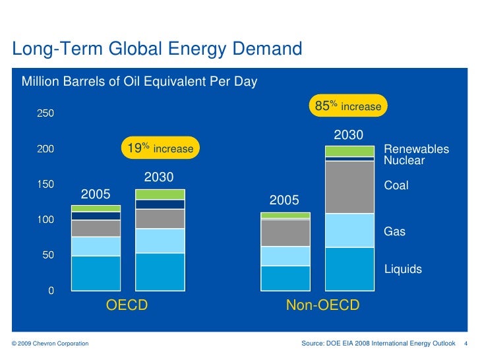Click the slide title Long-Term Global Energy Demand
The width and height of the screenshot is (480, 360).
pyautogui.click(x=157, y=49)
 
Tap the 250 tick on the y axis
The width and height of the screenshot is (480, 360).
pyautogui.click(x=45, y=113)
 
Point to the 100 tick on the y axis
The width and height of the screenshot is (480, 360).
pyautogui.click(x=45, y=220)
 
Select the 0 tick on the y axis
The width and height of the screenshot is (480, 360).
pyautogui.click(x=50, y=291)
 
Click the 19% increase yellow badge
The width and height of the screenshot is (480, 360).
pyautogui.click(x=160, y=148)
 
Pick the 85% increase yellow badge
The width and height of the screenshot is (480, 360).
pyautogui.click(x=348, y=106)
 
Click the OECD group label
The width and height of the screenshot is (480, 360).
pyautogui.click(x=127, y=306)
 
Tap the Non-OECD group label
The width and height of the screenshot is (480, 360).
pyautogui.click(x=322, y=306)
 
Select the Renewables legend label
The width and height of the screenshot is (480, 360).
pyautogui.click(x=416, y=150)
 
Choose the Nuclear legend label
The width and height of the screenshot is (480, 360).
pyautogui.click(x=404, y=160)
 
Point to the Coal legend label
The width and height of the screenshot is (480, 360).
pyautogui.click(x=396, y=186)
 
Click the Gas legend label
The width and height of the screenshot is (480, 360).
pyautogui.click(x=394, y=232)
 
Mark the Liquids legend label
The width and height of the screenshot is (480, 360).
pyautogui.click(x=403, y=269)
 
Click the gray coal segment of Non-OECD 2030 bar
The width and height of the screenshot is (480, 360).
pyautogui.click(x=349, y=187)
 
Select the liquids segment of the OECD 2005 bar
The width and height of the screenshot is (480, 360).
pyautogui.click(x=96, y=273)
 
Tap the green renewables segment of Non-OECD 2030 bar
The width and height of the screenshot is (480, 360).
pyautogui.click(x=349, y=151)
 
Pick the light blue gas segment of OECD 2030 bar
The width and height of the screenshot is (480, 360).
pyautogui.click(x=160, y=241)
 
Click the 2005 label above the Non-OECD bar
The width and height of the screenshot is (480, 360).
pyautogui.click(x=285, y=200)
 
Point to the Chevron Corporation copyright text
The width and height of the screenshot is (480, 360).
pyautogui.click(x=50, y=344)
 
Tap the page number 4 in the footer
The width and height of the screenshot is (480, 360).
pyautogui.click(x=466, y=344)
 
